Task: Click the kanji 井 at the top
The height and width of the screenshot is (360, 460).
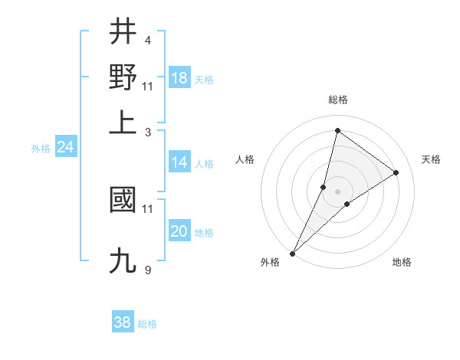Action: point(123,32)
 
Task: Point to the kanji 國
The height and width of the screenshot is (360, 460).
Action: point(123,200)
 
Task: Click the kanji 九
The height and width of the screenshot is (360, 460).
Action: point(123,260)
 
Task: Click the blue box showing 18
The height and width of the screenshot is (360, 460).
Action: point(179,77)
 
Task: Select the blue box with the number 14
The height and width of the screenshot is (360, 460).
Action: point(179,162)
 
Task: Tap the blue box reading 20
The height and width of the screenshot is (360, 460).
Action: point(179,231)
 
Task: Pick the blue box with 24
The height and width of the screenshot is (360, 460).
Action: point(65,147)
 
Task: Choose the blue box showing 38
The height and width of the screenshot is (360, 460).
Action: point(122,322)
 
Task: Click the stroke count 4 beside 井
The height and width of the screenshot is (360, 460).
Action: point(147,40)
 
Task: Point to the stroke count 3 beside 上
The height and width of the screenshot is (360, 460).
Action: point(147,132)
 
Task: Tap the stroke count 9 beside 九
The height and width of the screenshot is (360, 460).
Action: point(147,270)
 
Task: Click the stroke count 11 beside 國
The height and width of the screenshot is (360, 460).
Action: point(148,208)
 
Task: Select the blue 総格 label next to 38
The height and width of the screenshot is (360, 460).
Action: point(147,324)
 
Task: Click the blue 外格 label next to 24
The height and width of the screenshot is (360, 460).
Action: point(41,149)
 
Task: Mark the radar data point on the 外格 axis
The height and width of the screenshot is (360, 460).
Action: point(293,253)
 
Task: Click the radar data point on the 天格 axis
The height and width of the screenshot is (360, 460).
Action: point(396,173)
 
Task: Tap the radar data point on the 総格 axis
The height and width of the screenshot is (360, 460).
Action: point(337,130)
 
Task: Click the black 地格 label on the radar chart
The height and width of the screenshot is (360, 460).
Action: point(402,263)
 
